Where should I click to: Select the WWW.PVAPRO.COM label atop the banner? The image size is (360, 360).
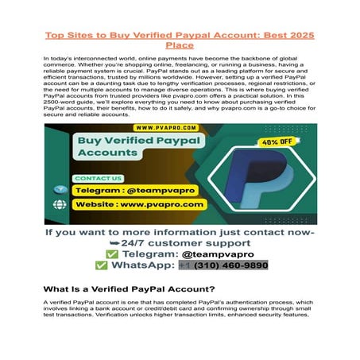point(165,127)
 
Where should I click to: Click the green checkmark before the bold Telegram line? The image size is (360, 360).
point(100,252)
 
